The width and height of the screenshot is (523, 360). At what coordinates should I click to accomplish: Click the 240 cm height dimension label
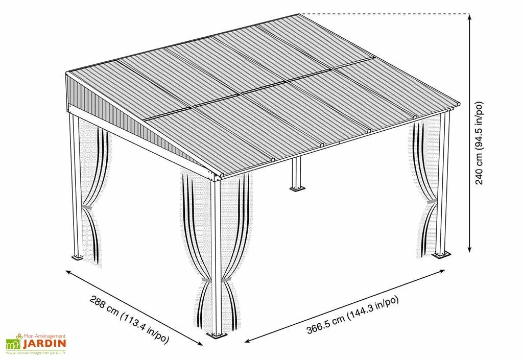point(479,142)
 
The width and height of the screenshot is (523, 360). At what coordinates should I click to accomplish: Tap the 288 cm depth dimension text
point(129,318)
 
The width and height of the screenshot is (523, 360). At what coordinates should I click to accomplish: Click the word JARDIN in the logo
point(44,343)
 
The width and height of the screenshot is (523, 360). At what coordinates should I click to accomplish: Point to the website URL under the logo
point(36,352)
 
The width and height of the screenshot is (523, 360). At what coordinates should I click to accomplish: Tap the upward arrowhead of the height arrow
point(469,17)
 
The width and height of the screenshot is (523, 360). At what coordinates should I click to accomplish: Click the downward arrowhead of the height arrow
point(469,249)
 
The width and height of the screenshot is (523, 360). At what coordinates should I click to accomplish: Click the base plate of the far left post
point(78,257)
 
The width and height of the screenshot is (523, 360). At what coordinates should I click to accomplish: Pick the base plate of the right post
point(442,255)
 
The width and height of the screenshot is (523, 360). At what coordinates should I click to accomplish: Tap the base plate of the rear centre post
point(297,189)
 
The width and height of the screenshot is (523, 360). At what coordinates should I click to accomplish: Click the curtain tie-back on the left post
point(87,208)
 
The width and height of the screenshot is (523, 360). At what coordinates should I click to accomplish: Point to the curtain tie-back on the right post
point(431,201)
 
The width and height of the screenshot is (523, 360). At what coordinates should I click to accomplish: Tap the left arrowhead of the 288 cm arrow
point(68,272)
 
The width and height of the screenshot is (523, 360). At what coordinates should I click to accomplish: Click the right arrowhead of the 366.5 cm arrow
point(442,271)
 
